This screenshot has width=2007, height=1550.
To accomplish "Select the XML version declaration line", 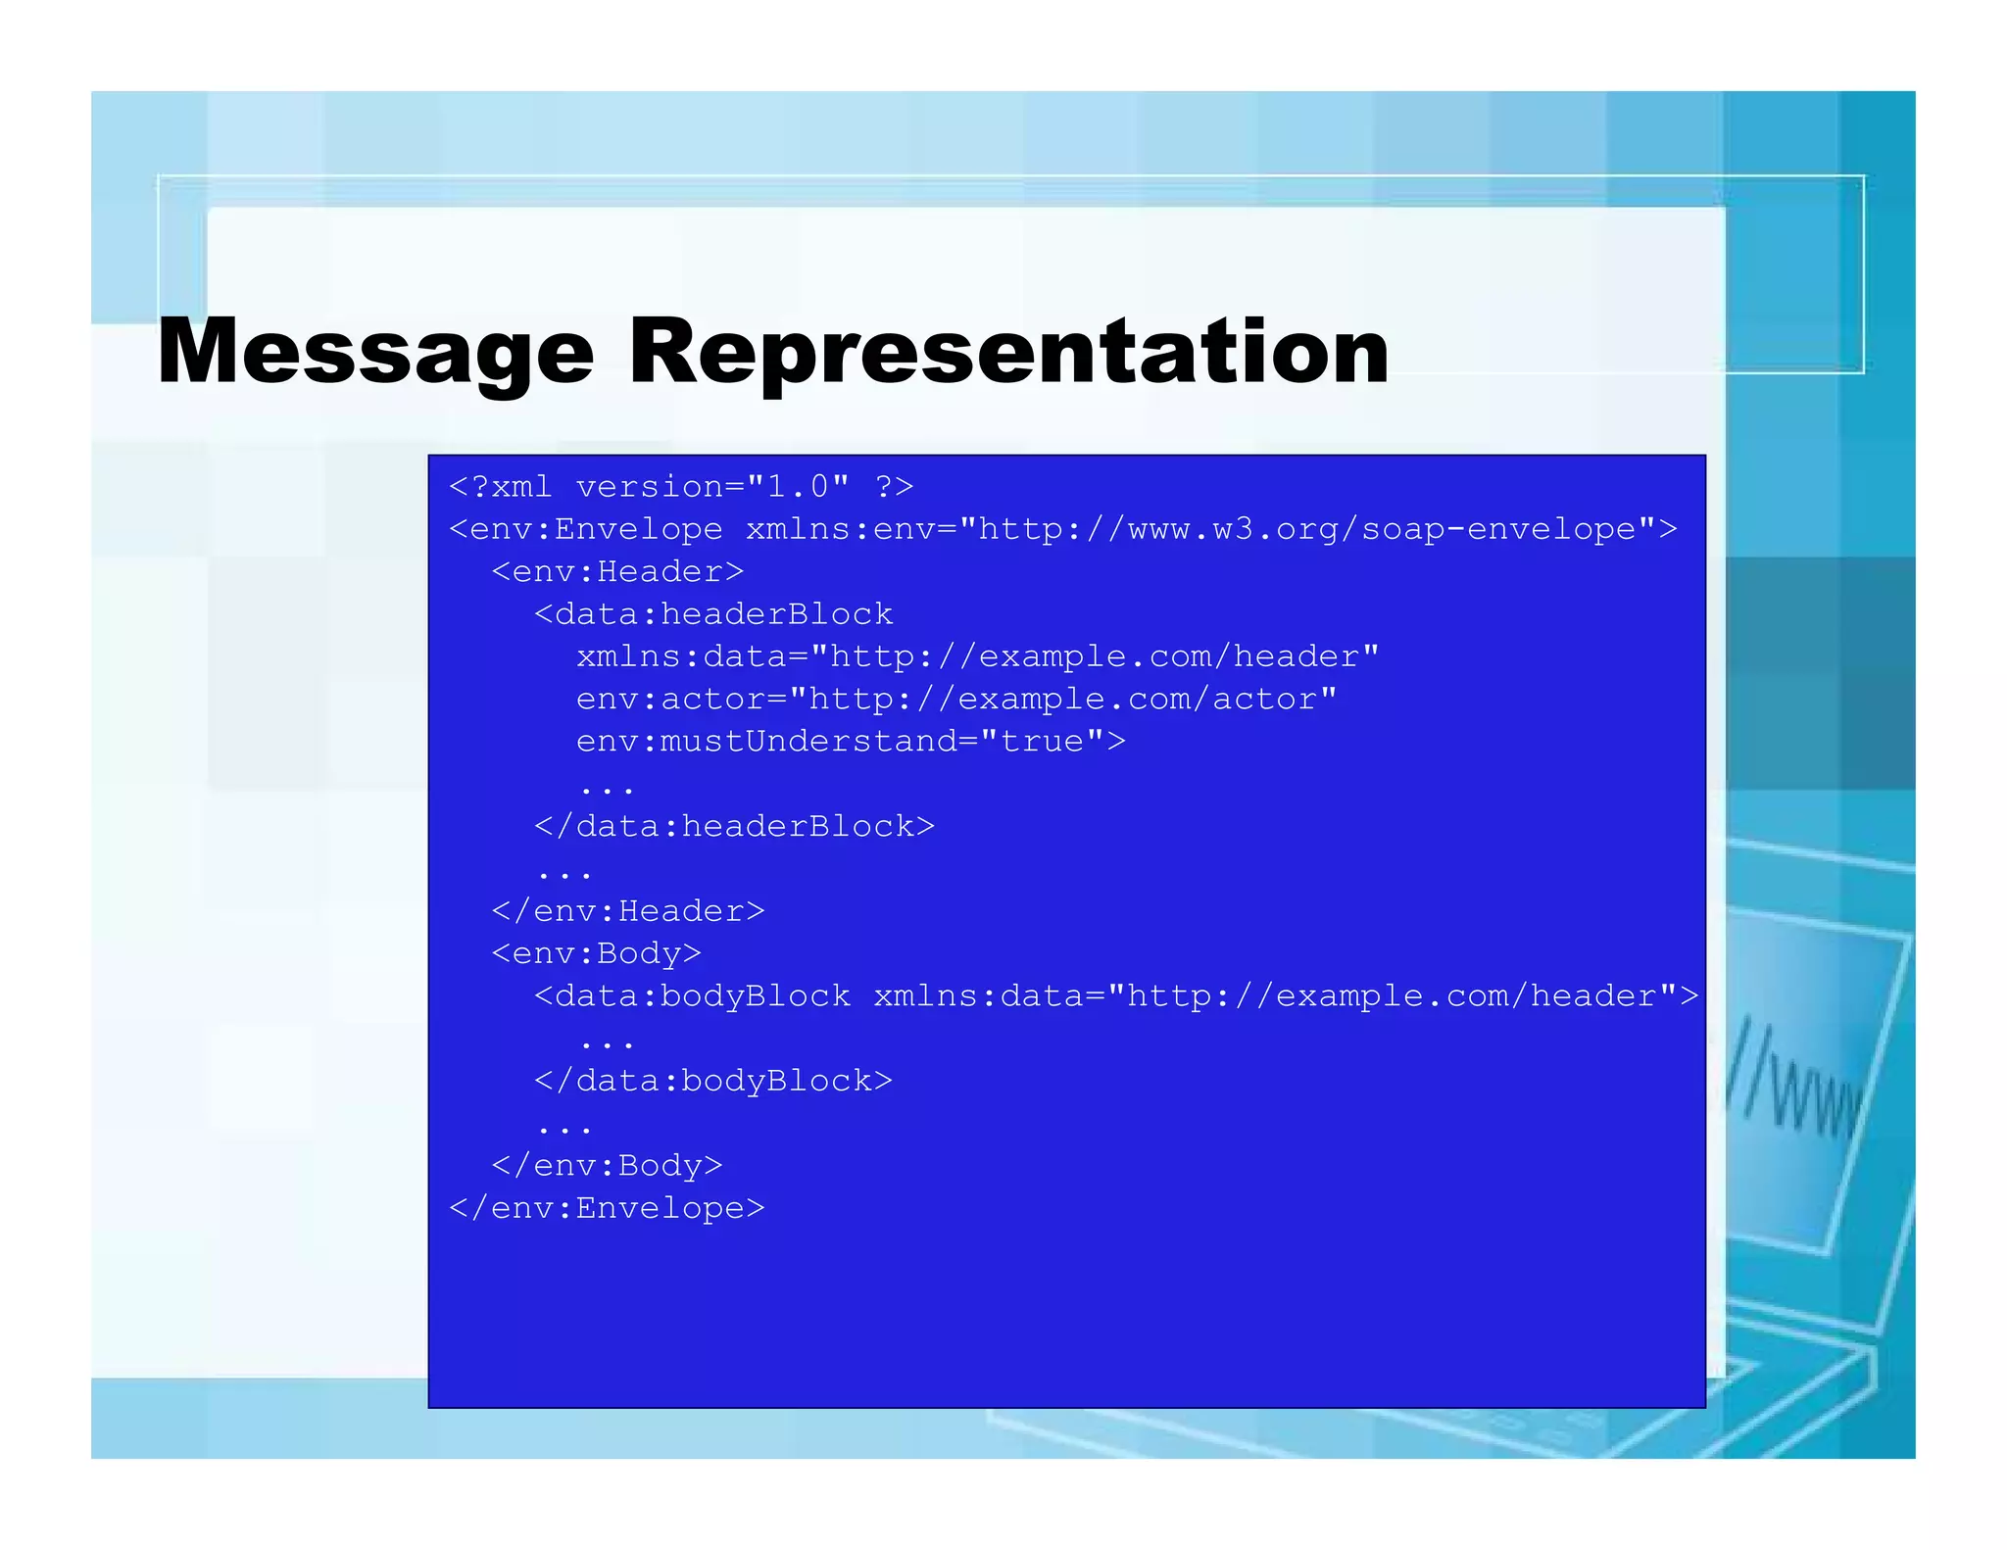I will coord(681,487).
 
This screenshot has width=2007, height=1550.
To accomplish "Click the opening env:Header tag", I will coord(617,572).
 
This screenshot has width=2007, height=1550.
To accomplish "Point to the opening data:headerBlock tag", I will coord(713,615).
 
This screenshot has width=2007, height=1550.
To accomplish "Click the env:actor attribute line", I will coord(955,700).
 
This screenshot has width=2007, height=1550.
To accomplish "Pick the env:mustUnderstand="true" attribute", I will coord(851,742).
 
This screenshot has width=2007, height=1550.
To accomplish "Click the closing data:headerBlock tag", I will coord(734,827).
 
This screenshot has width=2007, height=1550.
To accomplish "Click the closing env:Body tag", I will coord(607,1166).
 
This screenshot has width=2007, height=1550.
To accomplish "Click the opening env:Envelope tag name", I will coord(586,530).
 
